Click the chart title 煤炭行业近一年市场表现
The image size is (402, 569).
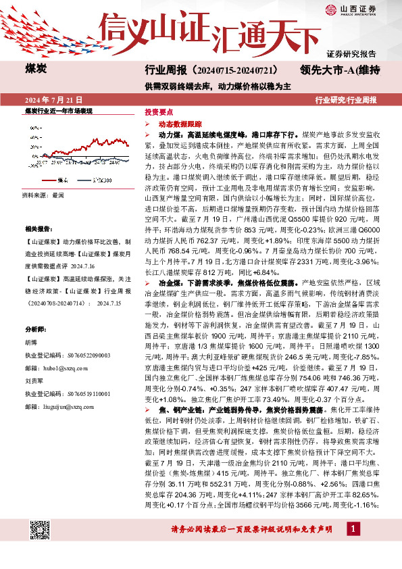(58, 110)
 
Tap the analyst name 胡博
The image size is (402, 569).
(31, 343)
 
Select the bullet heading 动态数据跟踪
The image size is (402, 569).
(180, 125)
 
